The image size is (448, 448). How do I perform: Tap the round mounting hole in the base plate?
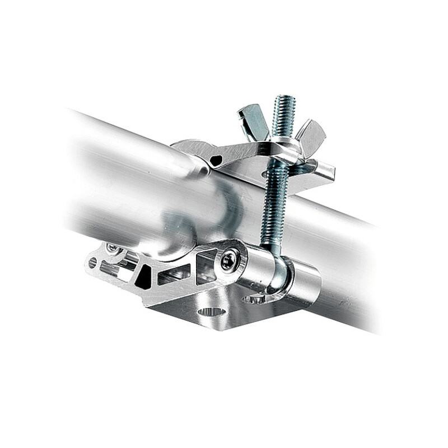[212, 312]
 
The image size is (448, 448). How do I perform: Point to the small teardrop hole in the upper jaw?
[216, 161]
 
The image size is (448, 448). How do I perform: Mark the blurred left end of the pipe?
[84, 168]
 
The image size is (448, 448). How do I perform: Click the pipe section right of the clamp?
[347, 263]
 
